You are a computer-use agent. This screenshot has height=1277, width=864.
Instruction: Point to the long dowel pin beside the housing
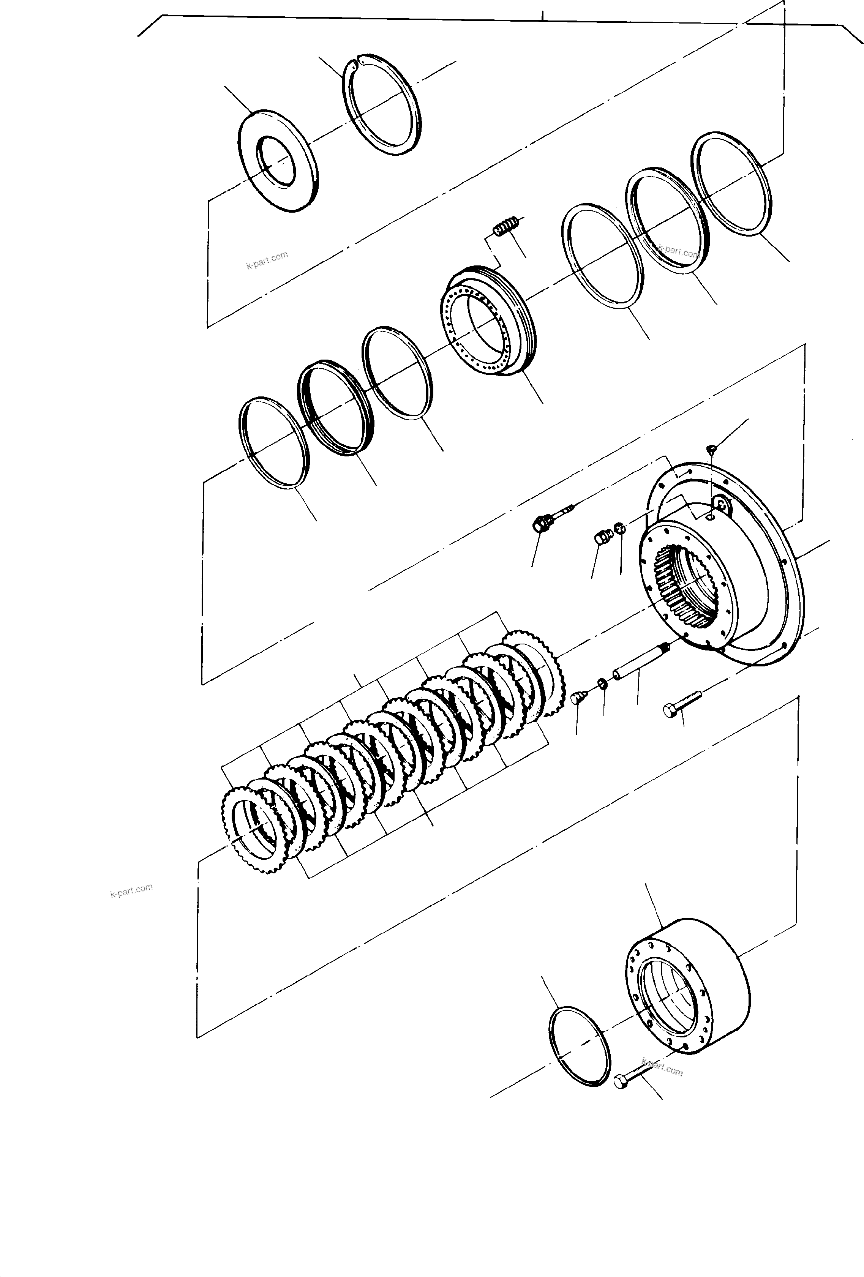(x=639, y=663)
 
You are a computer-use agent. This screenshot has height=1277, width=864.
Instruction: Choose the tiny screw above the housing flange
(x=711, y=450)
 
